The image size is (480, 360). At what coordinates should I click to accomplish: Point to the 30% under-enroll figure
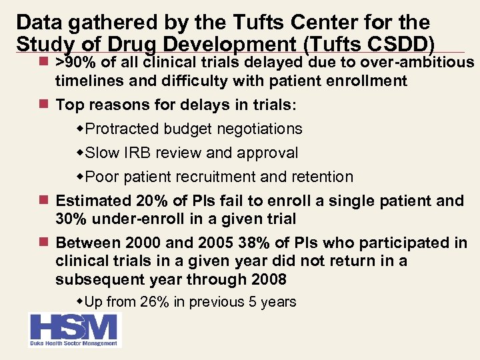tap(71, 219)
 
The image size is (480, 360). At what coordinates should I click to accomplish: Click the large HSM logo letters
tap(74, 328)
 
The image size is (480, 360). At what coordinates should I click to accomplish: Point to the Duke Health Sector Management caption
tap(74, 343)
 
